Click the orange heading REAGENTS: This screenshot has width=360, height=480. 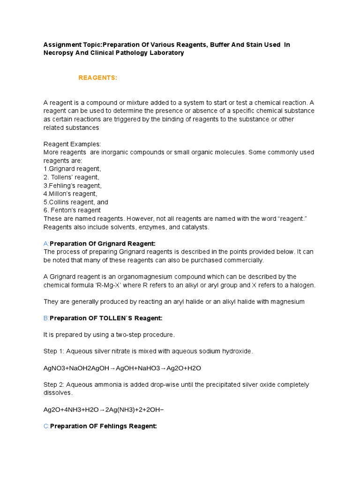click(97, 77)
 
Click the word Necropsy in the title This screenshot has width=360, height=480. click(59, 53)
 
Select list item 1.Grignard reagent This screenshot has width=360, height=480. click(72, 169)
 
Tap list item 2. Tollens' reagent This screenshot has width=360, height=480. click(71, 177)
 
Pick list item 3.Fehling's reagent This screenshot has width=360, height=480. click(72, 186)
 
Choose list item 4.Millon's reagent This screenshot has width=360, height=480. click(70, 194)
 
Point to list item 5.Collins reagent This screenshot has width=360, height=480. click(75, 202)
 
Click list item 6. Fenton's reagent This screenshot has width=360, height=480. click(72, 210)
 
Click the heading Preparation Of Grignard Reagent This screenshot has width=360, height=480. click(102, 243)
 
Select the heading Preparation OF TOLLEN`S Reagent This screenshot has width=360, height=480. click(106, 318)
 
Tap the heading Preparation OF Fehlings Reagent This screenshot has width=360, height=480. click(103, 426)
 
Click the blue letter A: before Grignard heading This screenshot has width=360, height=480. click(46, 243)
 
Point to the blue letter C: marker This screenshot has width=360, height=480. click(46, 426)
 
